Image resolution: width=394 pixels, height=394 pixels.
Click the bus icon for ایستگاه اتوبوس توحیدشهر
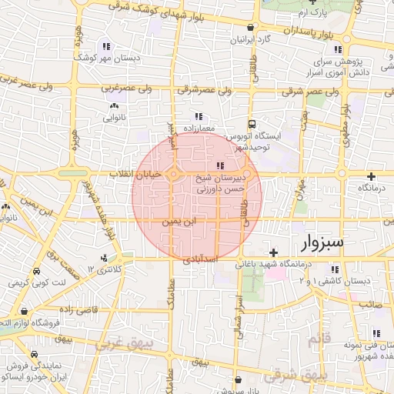[252, 124]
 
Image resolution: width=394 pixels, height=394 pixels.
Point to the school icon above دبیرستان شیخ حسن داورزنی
[221, 165]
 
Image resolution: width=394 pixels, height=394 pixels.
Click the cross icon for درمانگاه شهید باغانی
[272, 252]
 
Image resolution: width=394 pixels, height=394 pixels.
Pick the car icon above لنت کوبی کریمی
[37, 273]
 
